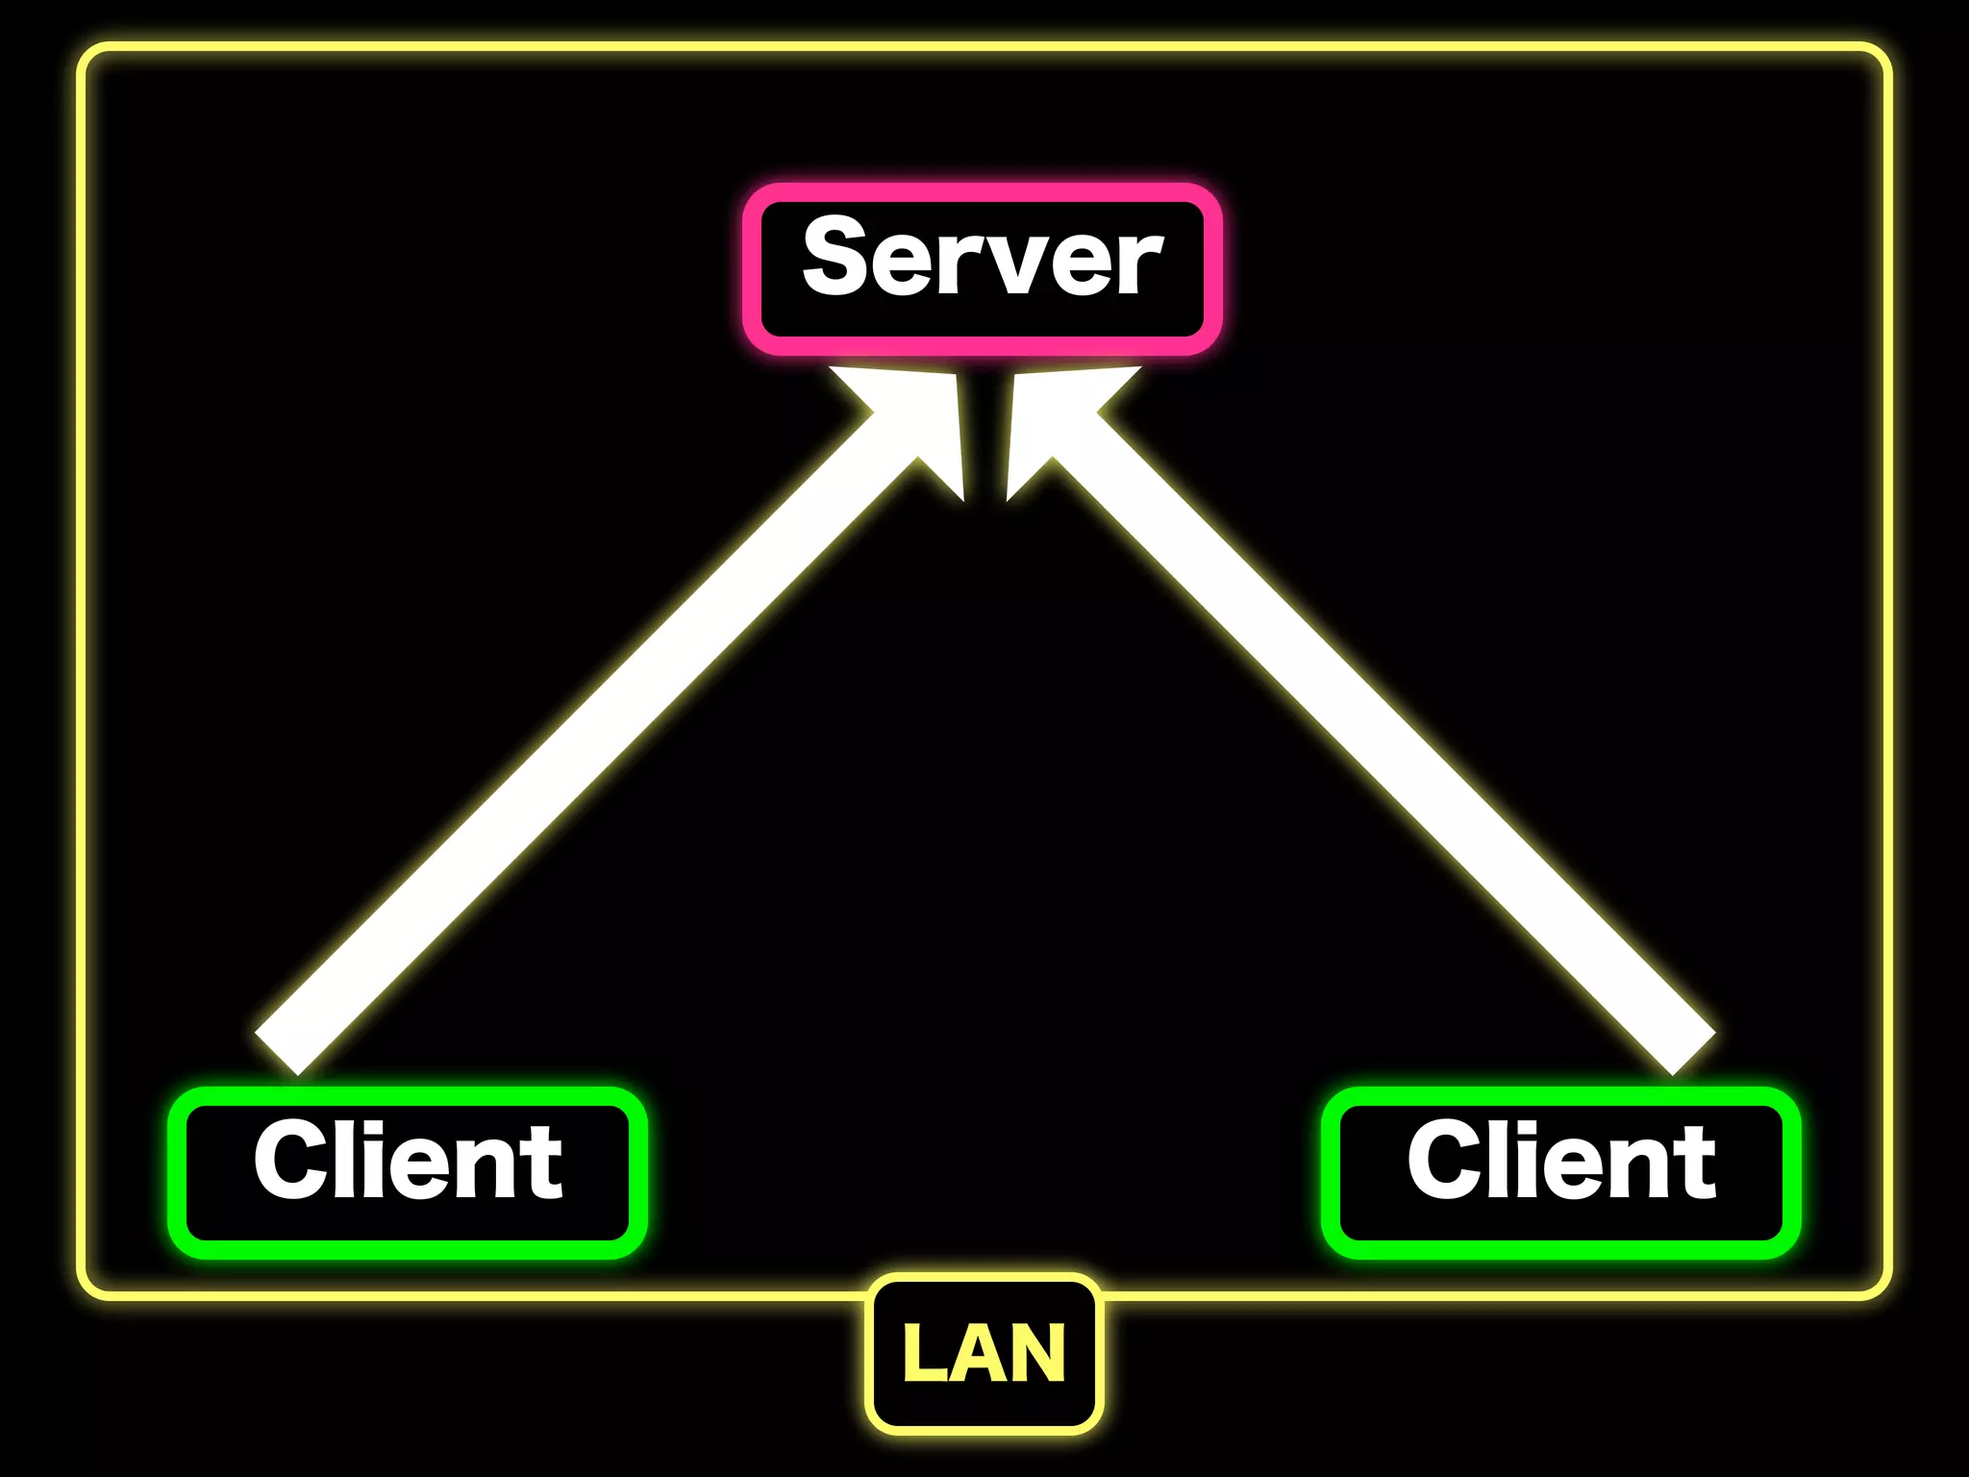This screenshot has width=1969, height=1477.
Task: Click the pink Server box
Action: point(982,269)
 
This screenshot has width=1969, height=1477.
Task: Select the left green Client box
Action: point(407,1172)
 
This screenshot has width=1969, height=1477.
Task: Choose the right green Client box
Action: point(1560,1172)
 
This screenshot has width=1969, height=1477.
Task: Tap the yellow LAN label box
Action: point(984,1354)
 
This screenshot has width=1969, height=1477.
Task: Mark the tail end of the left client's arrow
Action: point(278,1053)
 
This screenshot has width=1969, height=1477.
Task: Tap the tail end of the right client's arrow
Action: point(1693,1053)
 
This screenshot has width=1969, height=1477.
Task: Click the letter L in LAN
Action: point(924,1354)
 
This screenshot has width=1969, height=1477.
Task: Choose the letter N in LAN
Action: point(1038,1354)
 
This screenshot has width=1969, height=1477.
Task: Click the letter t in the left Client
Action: point(544,1165)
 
